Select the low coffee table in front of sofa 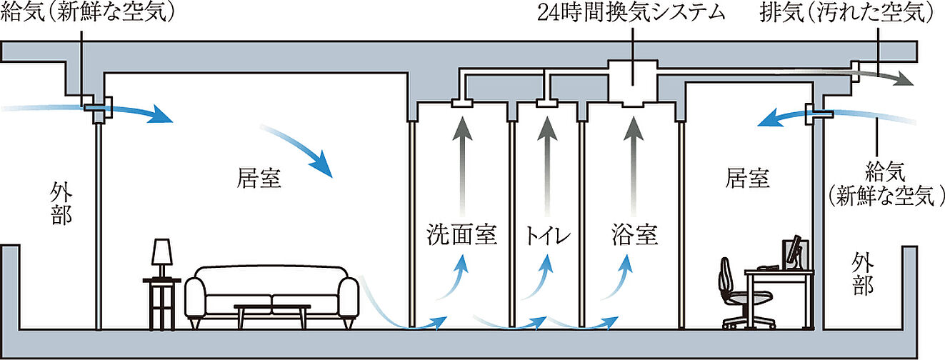(272, 312)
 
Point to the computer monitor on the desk (795, 254)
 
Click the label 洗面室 (461, 234)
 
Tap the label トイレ (547, 234)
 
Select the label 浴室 (634, 234)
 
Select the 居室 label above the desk (748, 178)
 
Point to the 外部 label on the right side (862, 274)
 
